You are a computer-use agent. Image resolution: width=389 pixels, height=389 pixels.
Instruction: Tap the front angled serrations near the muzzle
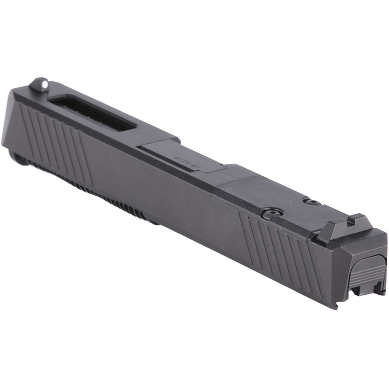(x=55, y=130)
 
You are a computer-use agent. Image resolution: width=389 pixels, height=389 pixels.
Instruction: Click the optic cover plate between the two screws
(x=285, y=201)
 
